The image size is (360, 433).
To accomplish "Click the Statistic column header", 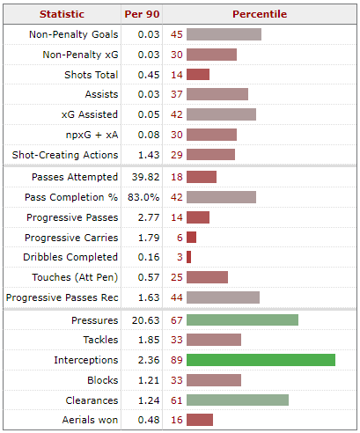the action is (x=62, y=14).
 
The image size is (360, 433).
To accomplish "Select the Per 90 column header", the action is (x=142, y=14).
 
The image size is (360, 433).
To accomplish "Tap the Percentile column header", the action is (x=260, y=14).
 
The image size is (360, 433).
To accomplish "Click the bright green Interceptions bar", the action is (x=261, y=360).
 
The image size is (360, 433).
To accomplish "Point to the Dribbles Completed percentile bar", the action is (x=188, y=257).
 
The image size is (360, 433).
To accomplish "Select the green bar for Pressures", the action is (x=242, y=319).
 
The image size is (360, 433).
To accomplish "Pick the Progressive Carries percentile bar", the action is (x=191, y=238).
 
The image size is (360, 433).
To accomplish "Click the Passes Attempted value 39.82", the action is (x=145, y=177).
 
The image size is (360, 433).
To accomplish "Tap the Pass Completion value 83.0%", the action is (x=143, y=197).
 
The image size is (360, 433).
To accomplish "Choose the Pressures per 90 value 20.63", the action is (x=145, y=320).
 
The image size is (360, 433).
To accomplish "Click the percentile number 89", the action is (x=177, y=360).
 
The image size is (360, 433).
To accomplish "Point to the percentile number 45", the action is (x=177, y=34).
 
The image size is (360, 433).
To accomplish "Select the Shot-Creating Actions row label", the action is (x=65, y=155).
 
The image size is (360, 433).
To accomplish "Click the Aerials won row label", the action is (x=90, y=420).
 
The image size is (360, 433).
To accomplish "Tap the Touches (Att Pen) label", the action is (x=75, y=277).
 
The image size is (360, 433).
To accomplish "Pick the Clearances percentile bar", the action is (x=238, y=400).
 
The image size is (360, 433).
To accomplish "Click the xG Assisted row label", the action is (x=90, y=114).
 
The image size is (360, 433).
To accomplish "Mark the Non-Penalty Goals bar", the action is (x=224, y=34).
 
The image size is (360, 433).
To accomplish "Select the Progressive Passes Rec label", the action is (x=62, y=297).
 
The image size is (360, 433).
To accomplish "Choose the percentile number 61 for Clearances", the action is (x=177, y=400).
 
